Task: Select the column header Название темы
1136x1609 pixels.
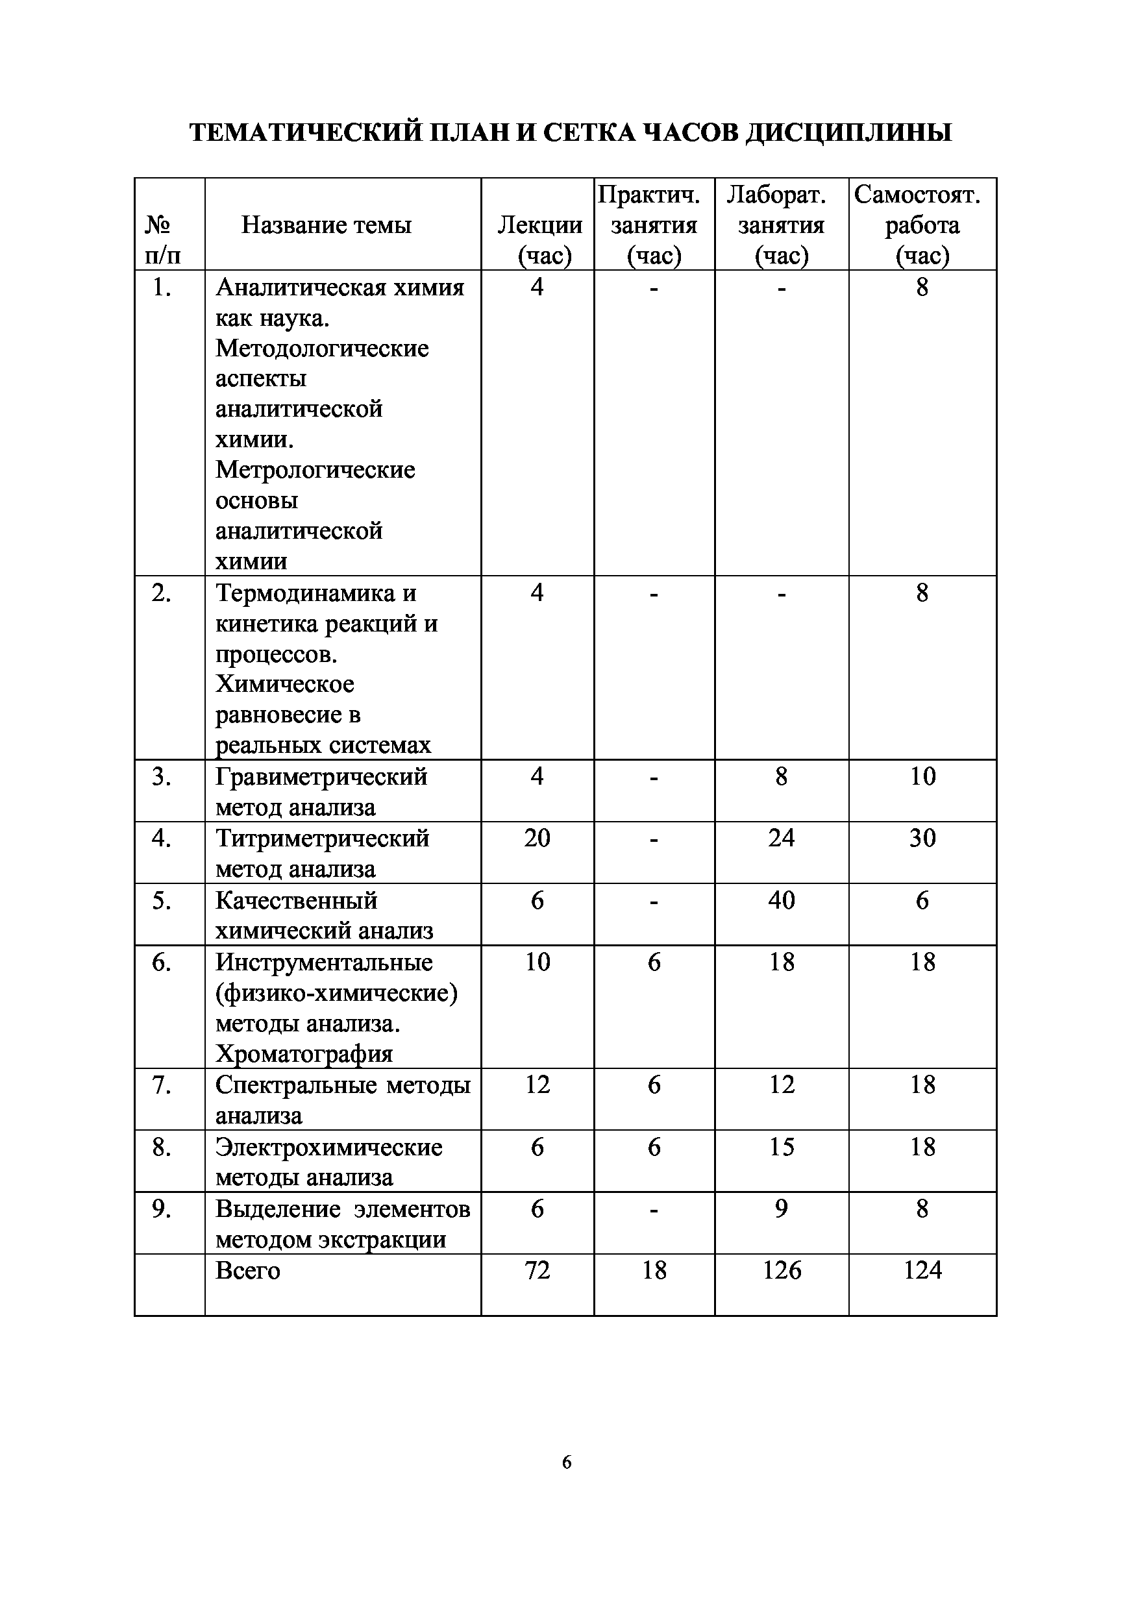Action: (x=326, y=225)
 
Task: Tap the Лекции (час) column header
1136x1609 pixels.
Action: (x=539, y=240)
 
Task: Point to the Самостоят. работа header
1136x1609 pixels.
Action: (x=922, y=225)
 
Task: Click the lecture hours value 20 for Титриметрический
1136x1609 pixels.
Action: (x=537, y=838)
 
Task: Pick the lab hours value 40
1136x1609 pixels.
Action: (x=782, y=900)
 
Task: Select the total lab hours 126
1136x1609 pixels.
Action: (x=782, y=1270)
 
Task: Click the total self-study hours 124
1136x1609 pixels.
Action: (x=922, y=1270)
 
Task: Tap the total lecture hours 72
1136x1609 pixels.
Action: (x=537, y=1270)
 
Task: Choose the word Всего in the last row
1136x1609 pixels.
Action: (x=247, y=1271)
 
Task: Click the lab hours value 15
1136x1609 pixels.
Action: (x=782, y=1146)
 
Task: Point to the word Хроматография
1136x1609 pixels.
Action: (x=304, y=1054)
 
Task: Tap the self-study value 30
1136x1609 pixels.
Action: (x=922, y=838)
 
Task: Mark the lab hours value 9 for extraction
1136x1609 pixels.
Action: (x=782, y=1208)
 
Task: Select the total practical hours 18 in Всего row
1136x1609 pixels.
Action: (x=654, y=1270)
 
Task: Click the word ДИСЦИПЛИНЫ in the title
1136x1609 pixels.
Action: (x=848, y=132)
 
